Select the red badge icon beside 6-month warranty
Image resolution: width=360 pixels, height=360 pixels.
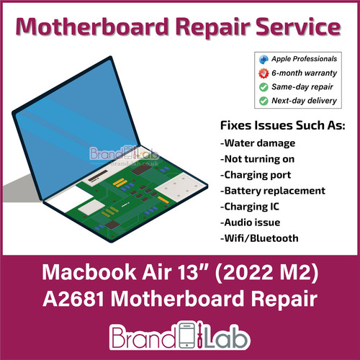tap(263, 73)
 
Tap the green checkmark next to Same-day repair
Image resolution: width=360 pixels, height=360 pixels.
tap(263, 86)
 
